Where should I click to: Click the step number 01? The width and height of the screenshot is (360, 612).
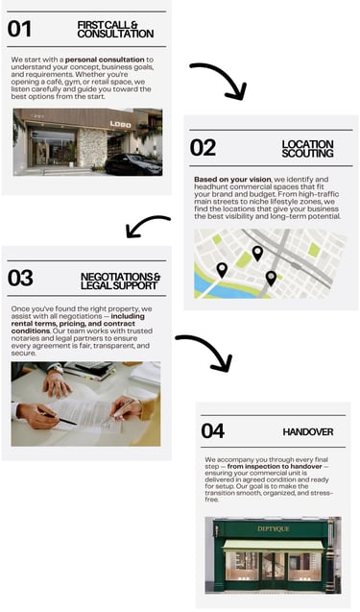click(x=19, y=29)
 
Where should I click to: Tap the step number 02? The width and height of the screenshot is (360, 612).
click(x=203, y=148)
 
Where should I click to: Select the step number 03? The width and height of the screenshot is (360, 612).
click(x=20, y=278)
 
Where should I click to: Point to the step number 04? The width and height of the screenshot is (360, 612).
click(x=213, y=431)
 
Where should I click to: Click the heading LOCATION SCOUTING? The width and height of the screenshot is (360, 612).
click(x=307, y=149)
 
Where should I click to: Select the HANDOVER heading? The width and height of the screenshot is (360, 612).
click(x=308, y=432)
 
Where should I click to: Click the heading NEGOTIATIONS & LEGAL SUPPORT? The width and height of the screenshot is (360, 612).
click(x=120, y=281)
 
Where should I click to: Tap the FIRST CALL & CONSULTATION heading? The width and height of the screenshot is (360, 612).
click(x=115, y=30)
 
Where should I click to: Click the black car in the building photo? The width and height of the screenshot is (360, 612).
click(x=133, y=164)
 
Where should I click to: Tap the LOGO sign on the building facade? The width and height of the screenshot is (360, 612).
click(x=121, y=125)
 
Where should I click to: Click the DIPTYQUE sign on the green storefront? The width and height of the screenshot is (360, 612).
click(x=274, y=528)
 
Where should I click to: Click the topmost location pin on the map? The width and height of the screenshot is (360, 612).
click(x=257, y=254)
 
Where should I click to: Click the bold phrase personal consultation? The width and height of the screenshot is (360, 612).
click(x=105, y=60)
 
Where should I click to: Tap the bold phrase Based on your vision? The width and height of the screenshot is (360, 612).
click(x=232, y=180)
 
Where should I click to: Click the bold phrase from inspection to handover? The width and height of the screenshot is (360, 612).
click(x=275, y=466)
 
